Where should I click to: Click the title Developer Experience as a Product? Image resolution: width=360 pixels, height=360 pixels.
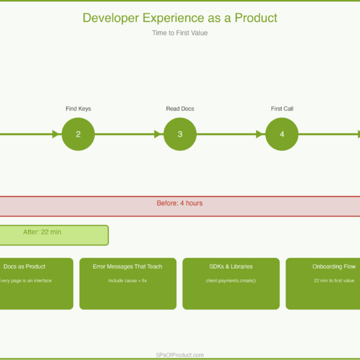(180, 18)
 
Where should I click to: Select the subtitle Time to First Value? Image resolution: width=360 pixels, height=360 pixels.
(180, 33)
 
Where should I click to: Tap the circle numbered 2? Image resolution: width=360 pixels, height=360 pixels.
(78, 134)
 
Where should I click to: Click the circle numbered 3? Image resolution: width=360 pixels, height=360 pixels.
(180, 134)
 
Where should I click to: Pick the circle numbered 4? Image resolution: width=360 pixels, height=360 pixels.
(282, 134)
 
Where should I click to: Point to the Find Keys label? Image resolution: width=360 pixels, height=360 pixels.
(78, 109)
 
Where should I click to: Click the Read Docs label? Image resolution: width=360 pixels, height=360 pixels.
(180, 109)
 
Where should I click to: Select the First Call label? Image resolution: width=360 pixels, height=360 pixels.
(282, 109)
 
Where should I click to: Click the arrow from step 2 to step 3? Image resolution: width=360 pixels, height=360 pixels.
(129, 134)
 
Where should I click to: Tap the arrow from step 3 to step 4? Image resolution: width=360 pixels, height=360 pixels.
(231, 134)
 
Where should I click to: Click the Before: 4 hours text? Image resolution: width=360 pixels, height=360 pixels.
(180, 203)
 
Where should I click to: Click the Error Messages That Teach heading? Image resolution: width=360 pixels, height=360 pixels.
(128, 266)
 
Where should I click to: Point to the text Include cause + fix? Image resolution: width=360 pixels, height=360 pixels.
(128, 280)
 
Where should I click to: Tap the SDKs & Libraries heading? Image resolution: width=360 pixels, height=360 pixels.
(231, 266)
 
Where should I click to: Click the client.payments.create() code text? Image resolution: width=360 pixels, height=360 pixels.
(231, 280)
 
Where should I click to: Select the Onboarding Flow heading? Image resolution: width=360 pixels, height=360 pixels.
(334, 266)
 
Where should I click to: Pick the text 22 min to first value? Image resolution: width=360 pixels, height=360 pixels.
(334, 280)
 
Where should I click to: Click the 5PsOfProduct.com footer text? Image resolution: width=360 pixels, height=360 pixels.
(180, 355)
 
